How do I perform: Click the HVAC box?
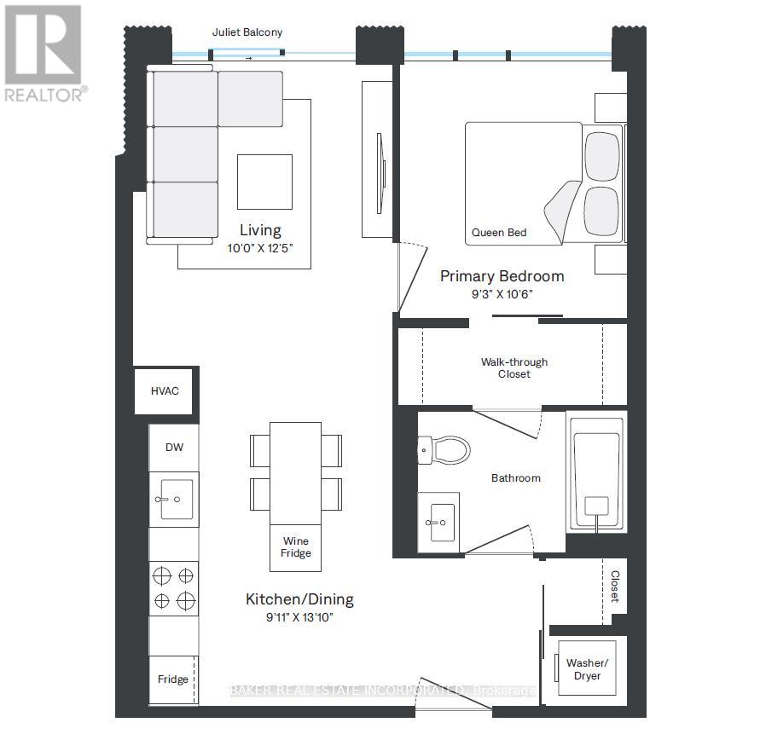click(x=165, y=391)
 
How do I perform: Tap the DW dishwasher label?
click(x=174, y=448)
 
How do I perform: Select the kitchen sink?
click(x=176, y=499)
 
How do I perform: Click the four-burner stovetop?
click(x=174, y=588)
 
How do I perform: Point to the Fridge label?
click(x=173, y=679)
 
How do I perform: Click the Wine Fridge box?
click(x=296, y=547)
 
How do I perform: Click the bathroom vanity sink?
click(x=439, y=520)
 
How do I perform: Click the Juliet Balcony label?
click(x=247, y=32)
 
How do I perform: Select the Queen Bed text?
click(x=499, y=232)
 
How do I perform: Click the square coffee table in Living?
click(x=264, y=181)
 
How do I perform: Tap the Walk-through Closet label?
click(x=514, y=368)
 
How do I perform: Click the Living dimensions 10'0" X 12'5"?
click(x=259, y=249)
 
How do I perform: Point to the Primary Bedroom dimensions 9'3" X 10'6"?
click(x=502, y=294)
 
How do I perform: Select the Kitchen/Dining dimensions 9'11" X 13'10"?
click(x=299, y=617)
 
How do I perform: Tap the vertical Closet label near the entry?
click(x=613, y=587)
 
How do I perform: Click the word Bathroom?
click(x=515, y=478)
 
